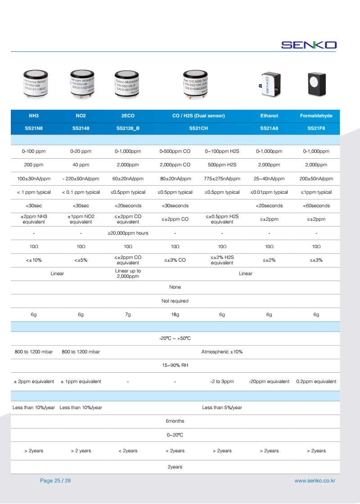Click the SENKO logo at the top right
click(309, 45)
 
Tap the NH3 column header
click(34, 116)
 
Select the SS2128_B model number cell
click(128, 128)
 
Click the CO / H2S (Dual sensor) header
click(198, 116)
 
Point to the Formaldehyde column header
click(316, 116)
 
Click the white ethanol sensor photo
click(269, 84)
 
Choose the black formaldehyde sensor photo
click(316, 84)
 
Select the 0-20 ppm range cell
click(81, 152)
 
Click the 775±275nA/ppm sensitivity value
click(222, 178)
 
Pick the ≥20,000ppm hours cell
click(128, 233)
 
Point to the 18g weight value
click(175, 315)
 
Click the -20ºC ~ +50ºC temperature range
click(175, 338)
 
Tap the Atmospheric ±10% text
click(222, 352)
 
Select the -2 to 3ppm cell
click(222, 381)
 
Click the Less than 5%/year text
click(222, 407)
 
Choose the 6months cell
click(175, 421)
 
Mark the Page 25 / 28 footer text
click(55, 481)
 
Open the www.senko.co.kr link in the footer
click(315, 481)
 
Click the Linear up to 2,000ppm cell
click(128, 273)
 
